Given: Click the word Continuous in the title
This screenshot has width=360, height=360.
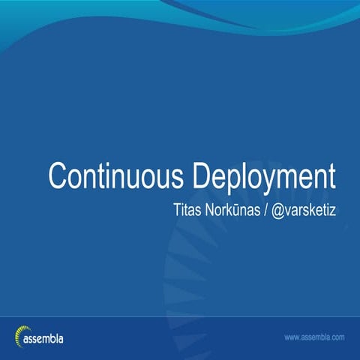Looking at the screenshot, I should point(117,175).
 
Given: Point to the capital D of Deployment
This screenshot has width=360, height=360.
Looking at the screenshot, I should point(200,175).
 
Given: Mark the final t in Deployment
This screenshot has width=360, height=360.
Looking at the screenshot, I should point(331,175).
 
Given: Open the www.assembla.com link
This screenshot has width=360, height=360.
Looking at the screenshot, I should point(314,338).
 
